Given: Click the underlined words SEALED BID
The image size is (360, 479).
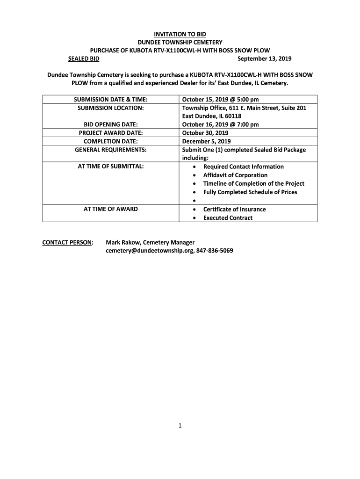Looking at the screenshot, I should pyautogui.click(x=84, y=58).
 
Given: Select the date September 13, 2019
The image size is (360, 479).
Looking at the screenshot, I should pyautogui.click(x=264, y=58).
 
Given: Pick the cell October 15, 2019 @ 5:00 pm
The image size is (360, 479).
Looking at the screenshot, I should pyautogui.click(x=220, y=99).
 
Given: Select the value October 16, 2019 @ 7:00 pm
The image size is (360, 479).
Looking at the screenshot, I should pyautogui.click(x=220, y=124).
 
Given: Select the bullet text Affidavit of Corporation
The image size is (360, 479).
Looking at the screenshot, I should pyautogui.click(x=235, y=175).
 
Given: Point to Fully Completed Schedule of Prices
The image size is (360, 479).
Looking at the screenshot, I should pyautogui.click(x=250, y=192).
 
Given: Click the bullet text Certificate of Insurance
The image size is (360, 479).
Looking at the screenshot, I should pyautogui.click(x=234, y=209).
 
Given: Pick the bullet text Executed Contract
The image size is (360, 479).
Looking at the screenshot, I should pyautogui.click(x=228, y=218).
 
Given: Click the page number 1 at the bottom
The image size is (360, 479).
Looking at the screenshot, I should pyautogui.click(x=180, y=426).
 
